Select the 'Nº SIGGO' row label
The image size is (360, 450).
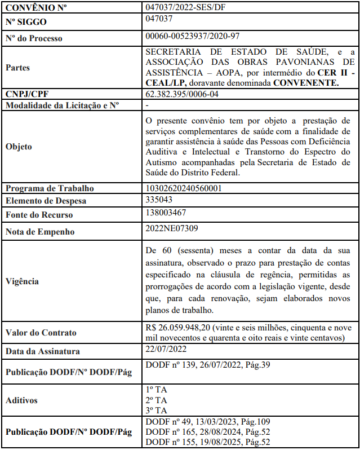tap(26, 22)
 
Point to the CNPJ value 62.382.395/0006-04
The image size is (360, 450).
tap(182, 94)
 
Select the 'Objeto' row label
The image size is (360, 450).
tap(19, 147)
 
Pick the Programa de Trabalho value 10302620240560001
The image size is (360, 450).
tap(184, 188)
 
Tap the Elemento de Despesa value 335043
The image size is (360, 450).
tap(159, 200)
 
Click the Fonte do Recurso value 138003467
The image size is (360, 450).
tap(166, 213)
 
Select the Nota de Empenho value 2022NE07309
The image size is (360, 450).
tap(171, 228)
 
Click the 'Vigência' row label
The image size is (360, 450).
tap(23, 281)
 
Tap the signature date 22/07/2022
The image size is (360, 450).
tap(165, 350)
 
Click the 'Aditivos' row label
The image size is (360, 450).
tap(21, 400)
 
